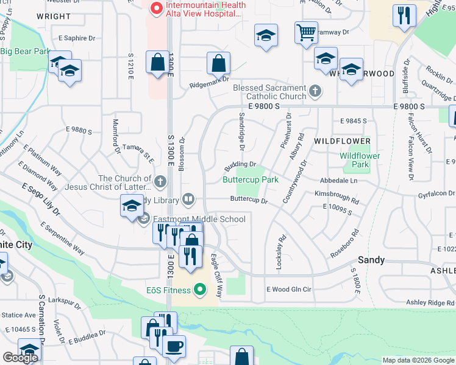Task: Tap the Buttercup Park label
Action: (x=250, y=179)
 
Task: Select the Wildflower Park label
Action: (x=360, y=160)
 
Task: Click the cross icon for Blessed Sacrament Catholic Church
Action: (x=315, y=92)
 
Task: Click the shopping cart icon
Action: (x=306, y=33)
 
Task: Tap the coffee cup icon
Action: (x=174, y=346)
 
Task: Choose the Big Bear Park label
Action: (x=25, y=51)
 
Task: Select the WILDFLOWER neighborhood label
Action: (x=342, y=141)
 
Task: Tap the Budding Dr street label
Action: (x=241, y=164)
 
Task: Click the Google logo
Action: (x=20, y=358)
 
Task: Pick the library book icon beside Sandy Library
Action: (x=189, y=200)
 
